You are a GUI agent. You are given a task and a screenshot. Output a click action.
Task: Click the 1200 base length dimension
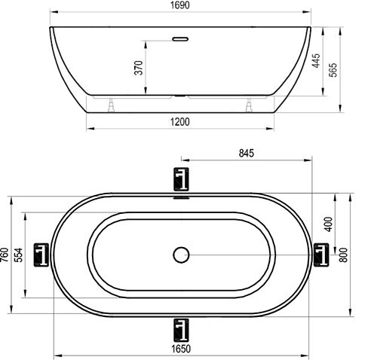[x=179, y=121]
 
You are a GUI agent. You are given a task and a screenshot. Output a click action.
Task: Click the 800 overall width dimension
[x=344, y=255]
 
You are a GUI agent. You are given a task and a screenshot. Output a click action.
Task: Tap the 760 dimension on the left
[x=6, y=255]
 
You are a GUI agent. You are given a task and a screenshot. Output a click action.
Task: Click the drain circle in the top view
[x=180, y=255]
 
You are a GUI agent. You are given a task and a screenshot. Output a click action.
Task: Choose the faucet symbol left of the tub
[x=42, y=255]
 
